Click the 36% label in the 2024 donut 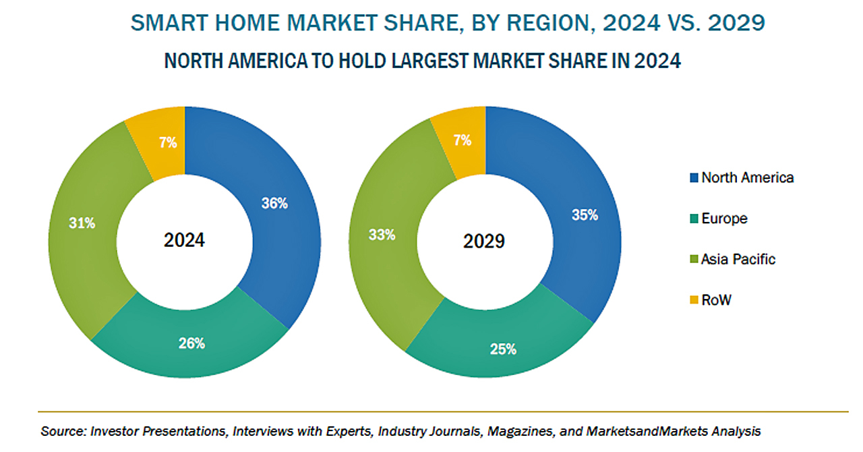[x=275, y=203]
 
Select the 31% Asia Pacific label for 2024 [x=82, y=223]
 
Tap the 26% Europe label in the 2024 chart [x=192, y=343]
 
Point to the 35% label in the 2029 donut [x=585, y=215]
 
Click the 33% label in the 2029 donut [x=382, y=235]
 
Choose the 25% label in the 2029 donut [x=503, y=349]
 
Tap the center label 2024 [x=184, y=240]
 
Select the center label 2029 [x=485, y=241]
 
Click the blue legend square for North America [x=692, y=178]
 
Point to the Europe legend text [x=724, y=219]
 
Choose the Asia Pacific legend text [x=738, y=259]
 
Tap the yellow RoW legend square [x=692, y=300]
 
